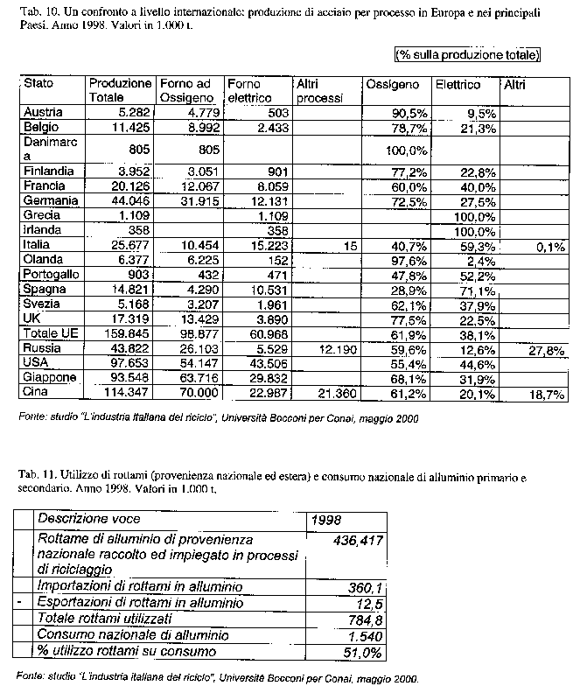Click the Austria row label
click(x=42, y=113)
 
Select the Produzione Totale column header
click(x=119, y=90)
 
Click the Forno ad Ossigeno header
click(x=187, y=90)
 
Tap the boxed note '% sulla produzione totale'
click(x=467, y=55)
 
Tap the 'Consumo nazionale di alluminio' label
click(x=132, y=635)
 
